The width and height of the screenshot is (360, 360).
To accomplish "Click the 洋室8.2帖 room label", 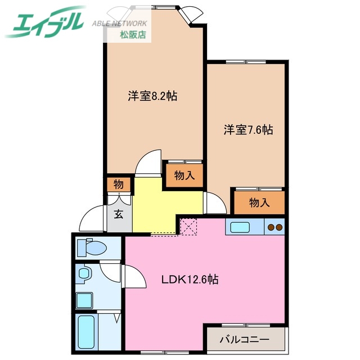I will pyautogui.click(x=152, y=96).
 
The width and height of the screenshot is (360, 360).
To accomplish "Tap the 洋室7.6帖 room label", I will pyautogui.click(x=248, y=130).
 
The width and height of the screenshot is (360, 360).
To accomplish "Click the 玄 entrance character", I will pyautogui.click(x=119, y=214).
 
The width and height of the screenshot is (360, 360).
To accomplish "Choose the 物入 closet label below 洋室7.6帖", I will pyautogui.click(x=260, y=202).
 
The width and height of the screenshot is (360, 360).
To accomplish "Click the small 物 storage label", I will pyautogui.click(x=119, y=184).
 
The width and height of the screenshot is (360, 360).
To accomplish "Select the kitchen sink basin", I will pyautogui.click(x=241, y=228).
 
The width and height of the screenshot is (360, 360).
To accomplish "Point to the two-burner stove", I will pyautogui.click(x=274, y=228).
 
